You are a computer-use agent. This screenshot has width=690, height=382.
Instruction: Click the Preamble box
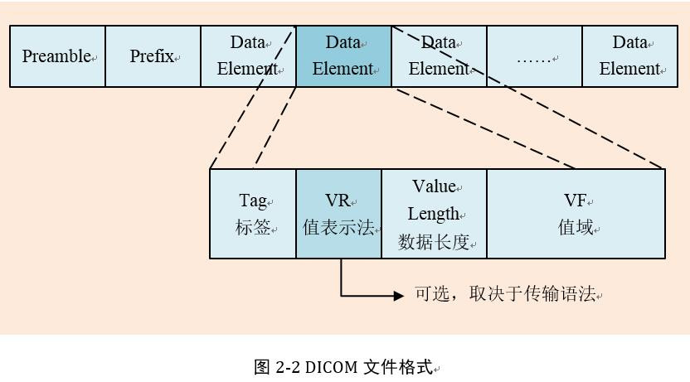click(x=57, y=56)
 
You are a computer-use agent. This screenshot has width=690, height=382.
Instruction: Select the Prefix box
click(x=153, y=56)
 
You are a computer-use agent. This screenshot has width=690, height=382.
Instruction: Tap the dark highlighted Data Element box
click(x=343, y=56)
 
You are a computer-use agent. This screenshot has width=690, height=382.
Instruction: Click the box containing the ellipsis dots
click(x=534, y=56)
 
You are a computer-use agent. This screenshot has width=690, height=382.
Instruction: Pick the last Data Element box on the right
click(x=629, y=56)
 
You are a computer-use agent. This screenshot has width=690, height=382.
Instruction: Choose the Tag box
click(x=253, y=214)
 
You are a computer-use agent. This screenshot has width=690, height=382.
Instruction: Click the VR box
click(x=338, y=214)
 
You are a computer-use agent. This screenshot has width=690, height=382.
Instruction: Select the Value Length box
click(x=434, y=214)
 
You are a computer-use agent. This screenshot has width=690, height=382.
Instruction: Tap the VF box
click(x=576, y=214)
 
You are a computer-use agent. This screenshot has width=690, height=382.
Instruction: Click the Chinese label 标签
click(x=253, y=228)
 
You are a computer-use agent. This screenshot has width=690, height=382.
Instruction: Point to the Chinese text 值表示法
click(x=338, y=228)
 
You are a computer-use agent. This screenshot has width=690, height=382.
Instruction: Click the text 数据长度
click(x=434, y=242)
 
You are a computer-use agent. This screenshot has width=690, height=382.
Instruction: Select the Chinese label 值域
click(x=576, y=228)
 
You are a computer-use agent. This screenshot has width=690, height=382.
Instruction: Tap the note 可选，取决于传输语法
click(x=505, y=294)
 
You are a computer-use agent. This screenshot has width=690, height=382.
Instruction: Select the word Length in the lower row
click(x=433, y=214)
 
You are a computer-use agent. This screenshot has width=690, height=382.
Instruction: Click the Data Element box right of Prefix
click(x=248, y=56)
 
